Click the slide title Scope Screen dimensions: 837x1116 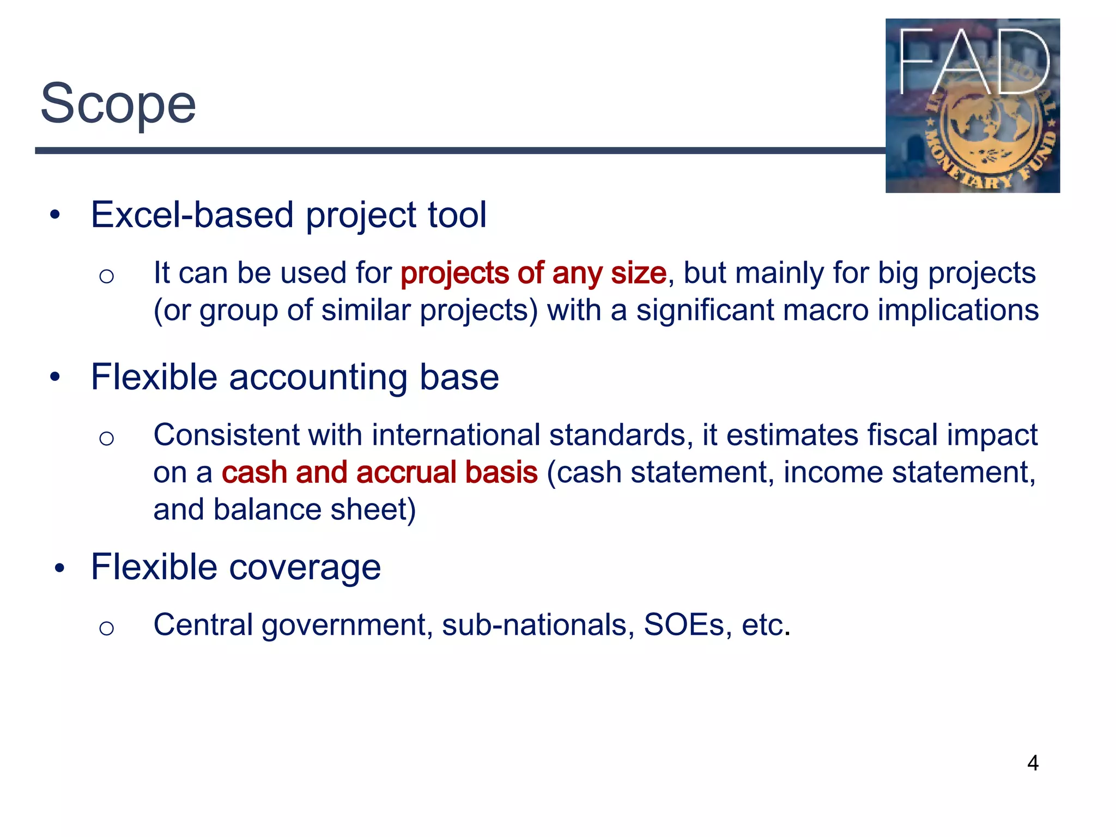coord(118,104)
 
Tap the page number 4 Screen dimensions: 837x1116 coord(1033,763)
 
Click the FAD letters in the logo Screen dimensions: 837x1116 coord(973,60)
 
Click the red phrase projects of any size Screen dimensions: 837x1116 coord(533,273)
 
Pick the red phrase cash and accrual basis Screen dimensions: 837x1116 coord(379,472)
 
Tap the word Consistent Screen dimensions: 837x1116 coord(226,435)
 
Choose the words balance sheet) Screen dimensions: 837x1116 coord(314,510)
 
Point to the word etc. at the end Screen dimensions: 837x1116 coord(766,625)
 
